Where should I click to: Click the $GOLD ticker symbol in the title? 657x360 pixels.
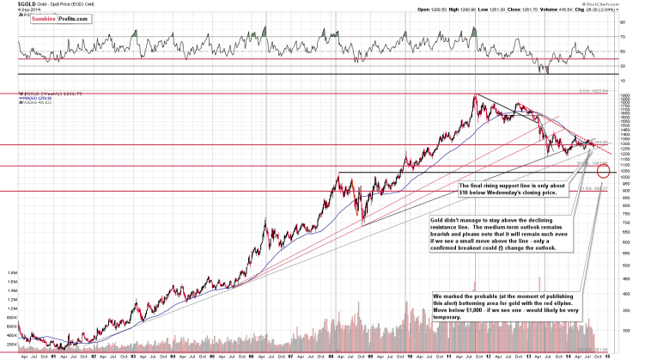(15, 4)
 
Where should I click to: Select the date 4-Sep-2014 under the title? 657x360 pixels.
(16, 11)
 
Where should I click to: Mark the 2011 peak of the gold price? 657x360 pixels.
(475, 95)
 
